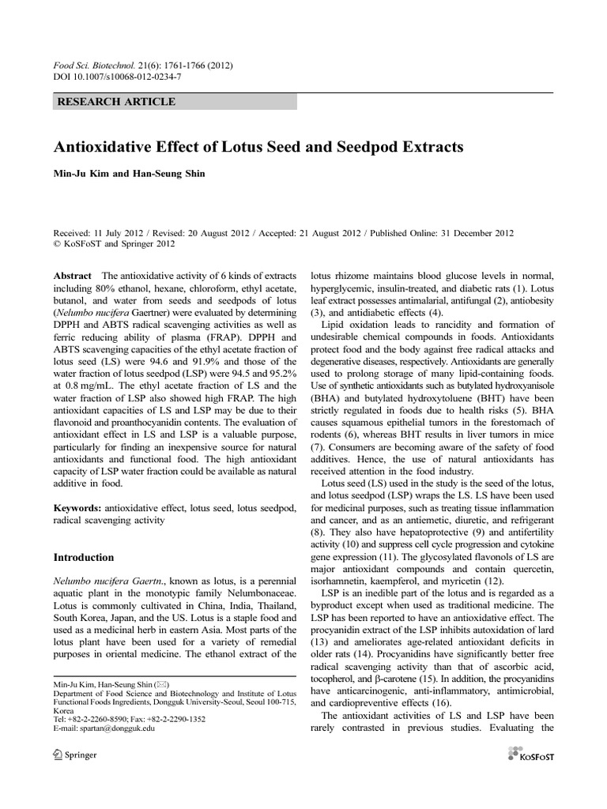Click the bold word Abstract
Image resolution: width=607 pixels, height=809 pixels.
pos(73,276)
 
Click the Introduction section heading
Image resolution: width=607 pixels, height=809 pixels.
pos(84,557)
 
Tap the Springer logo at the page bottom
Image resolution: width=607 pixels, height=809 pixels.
pos(74,754)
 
